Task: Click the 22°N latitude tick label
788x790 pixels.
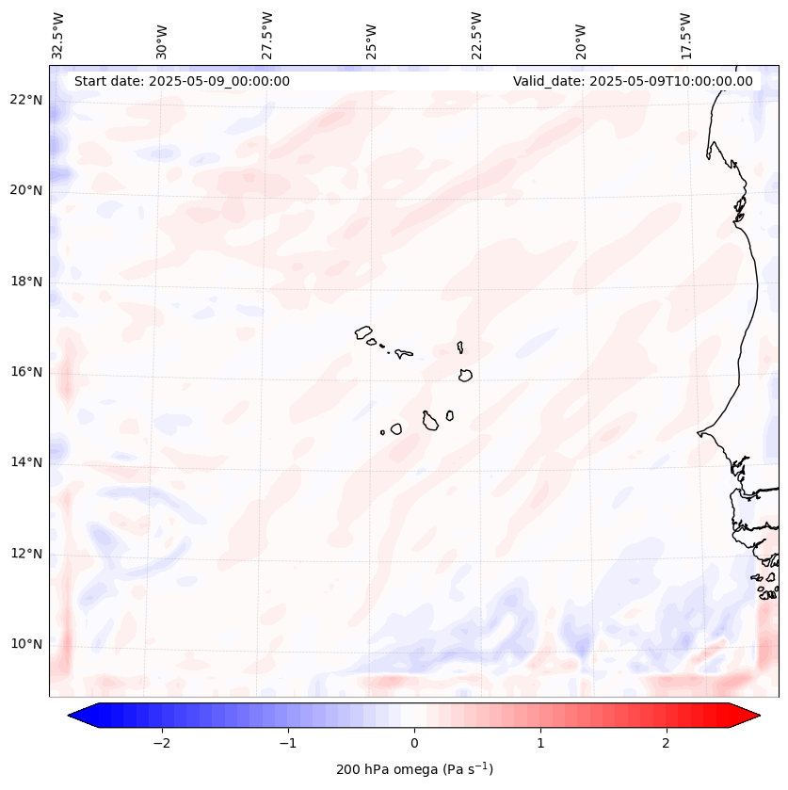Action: tap(26, 100)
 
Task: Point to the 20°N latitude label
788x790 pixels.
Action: tap(26, 190)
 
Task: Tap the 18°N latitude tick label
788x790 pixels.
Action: tap(26, 282)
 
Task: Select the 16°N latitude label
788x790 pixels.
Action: tap(26, 372)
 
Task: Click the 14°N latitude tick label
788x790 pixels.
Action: tap(26, 462)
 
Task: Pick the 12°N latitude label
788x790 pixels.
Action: tap(26, 554)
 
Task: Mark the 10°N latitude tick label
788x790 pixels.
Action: tap(26, 644)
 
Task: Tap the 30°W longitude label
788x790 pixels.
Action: tap(162, 39)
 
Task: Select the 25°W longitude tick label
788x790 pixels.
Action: tap(372, 39)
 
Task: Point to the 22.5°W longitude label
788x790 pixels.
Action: tap(476, 34)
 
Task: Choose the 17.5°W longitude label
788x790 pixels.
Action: tap(685, 34)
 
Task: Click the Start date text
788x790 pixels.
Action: tap(182, 81)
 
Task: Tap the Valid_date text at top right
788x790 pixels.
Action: tap(633, 81)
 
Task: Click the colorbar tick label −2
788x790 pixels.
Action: tap(161, 743)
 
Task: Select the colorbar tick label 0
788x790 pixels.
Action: tap(414, 743)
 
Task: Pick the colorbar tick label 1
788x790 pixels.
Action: tap(540, 743)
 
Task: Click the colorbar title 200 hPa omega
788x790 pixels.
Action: tap(414, 769)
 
